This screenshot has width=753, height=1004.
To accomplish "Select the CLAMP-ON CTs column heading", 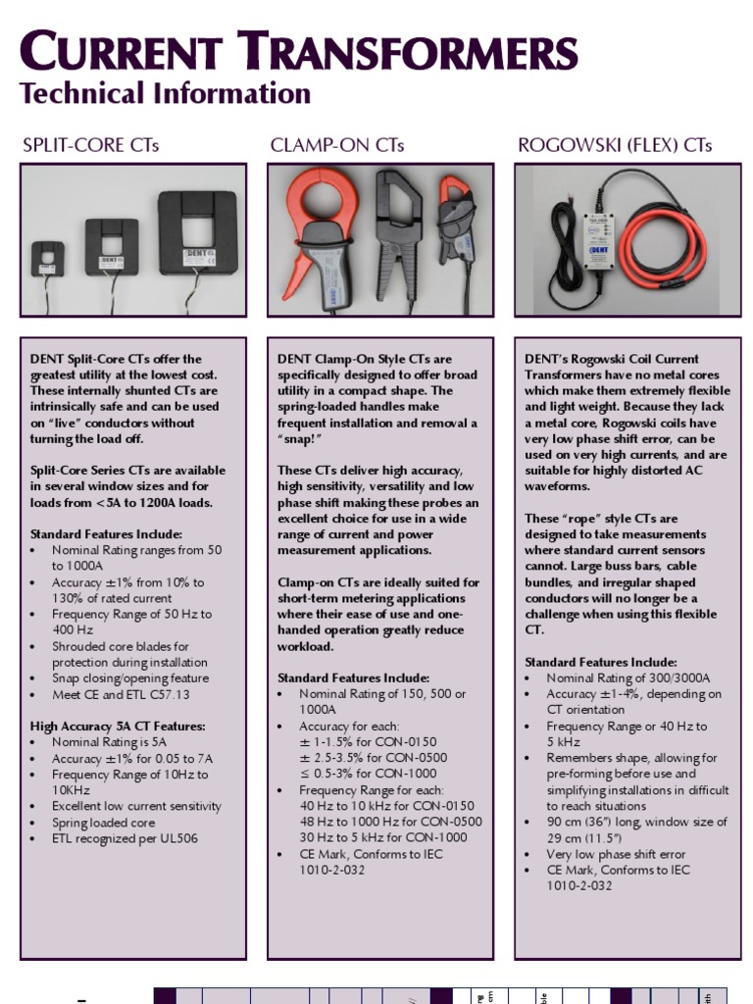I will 336,146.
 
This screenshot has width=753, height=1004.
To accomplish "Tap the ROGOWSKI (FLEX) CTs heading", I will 615,146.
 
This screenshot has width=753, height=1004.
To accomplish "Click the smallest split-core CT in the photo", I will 47,258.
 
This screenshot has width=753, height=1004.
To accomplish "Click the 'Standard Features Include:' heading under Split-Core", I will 106,534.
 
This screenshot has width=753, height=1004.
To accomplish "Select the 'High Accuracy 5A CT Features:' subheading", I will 118,727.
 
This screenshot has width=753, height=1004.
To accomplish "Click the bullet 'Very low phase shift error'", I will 616,854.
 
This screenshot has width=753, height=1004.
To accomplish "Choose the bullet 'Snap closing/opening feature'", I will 129,678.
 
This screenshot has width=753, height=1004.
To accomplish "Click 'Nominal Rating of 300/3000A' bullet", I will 627,678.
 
